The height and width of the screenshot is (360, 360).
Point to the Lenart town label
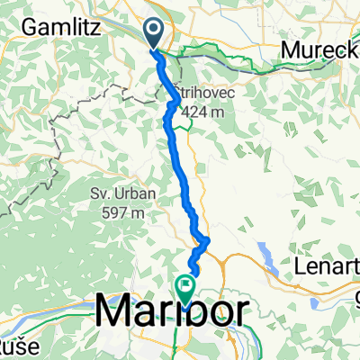[328, 266]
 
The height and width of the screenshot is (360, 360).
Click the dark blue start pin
[154, 34]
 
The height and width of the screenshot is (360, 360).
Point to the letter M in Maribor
[113, 311]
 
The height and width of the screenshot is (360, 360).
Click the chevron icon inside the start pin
[154, 32]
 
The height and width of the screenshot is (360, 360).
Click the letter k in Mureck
[353, 49]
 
